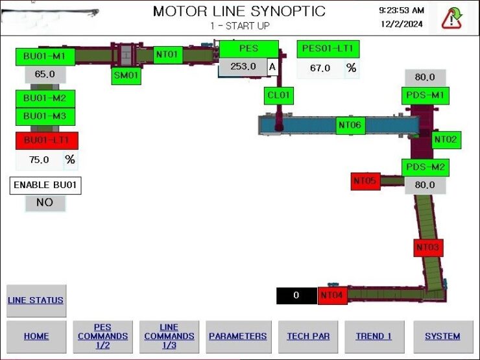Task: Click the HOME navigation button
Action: click(x=36, y=337)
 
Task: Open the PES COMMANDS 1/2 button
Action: click(x=103, y=337)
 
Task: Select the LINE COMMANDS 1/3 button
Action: click(x=169, y=337)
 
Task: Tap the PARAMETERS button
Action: click(x=239, y=337)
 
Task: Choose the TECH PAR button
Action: click(x=308, y=337)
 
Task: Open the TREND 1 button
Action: click(x=374, y=337)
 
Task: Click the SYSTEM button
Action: click(x=443, y=337)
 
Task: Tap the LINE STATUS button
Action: click(x=36, y=300)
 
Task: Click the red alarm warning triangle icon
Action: click(x=451, y=19)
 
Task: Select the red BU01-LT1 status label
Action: click(x=47, y=141)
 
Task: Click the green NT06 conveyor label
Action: click(x=350, y=125)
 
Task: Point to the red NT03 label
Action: click(x=428, y=247)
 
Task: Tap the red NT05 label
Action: click(x=365, y=181)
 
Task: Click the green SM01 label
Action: click(x=126, y=76)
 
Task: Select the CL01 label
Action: click(x=278, y=96)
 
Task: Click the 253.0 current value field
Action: click(x=243, y=67)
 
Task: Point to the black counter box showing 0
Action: click(x=296, y=296)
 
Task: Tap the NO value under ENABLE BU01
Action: click(x=45, y=203)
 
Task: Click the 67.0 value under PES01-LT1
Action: click(x=320, y=68)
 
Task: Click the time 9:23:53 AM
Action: click(x=402, y=11)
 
